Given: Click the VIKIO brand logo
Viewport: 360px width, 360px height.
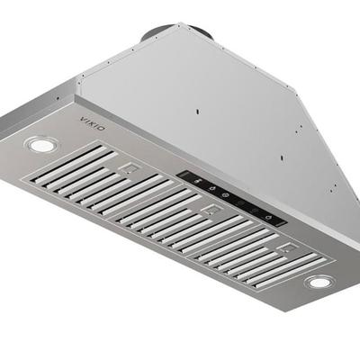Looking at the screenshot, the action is [x=93, y=124].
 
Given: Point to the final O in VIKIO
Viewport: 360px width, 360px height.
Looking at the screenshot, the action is [x=102, y=129].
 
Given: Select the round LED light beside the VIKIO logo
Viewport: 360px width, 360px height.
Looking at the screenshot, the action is [x=41, y=145].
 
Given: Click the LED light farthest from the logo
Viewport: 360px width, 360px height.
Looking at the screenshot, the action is [x=319, y=283].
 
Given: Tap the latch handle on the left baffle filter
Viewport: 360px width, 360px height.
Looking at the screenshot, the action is [x=130, y=168].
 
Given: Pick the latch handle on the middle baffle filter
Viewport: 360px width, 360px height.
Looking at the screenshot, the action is [x=211, y=211].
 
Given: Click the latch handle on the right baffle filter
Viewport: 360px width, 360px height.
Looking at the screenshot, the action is [x=288, y=248].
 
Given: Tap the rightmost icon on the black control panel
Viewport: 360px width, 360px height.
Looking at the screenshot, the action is [x=266, y=217].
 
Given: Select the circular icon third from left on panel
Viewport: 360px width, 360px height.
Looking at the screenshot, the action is [x=226, y=195].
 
